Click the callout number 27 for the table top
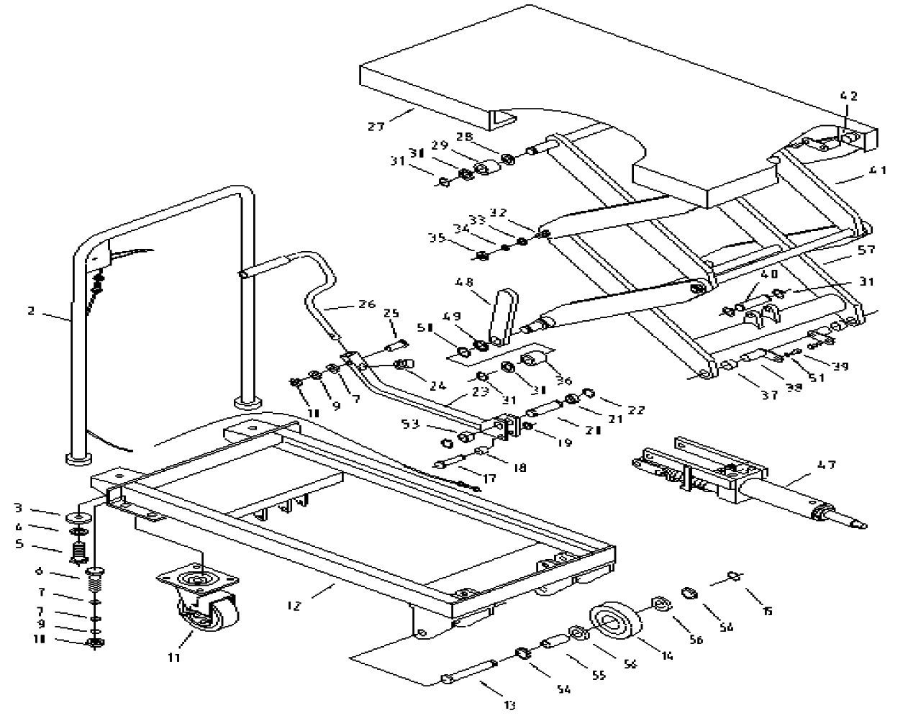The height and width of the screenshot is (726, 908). pos(375,126)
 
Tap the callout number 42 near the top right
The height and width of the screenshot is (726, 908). pos(849,96)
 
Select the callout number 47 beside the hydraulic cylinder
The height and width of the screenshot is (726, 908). pos(827,465)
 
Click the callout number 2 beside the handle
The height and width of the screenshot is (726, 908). pos(31,312)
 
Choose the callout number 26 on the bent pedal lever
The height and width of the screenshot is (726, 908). pos(367,304)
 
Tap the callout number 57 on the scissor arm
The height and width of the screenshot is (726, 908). pos(866,250)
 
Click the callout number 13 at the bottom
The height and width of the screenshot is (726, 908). pos(509,706)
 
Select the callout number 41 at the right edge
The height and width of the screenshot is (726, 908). pos(878,171)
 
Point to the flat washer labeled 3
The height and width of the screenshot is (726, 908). pos(76,517)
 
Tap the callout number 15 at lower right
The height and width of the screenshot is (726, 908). pos(768,611)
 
